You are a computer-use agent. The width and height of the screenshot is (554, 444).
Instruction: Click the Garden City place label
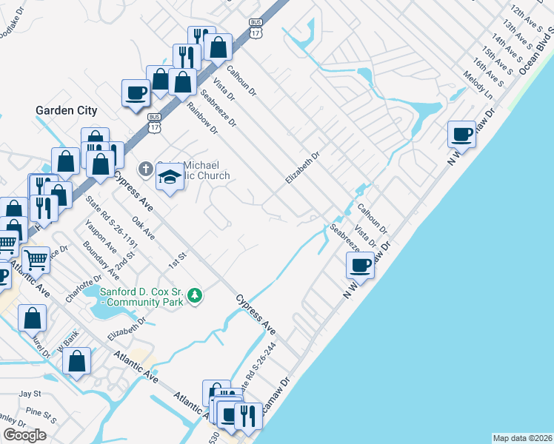tap(66, 110)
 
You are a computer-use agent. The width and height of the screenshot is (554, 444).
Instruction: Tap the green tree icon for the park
tap(195, 295)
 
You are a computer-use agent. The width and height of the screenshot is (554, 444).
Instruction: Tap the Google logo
tap(24, 434)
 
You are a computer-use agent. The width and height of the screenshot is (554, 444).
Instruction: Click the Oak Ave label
tap(142, 227)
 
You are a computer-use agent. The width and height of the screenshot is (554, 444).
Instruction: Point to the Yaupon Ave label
tap(101, 236)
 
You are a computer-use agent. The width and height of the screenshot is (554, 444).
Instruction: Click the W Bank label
tap(66, 340)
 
